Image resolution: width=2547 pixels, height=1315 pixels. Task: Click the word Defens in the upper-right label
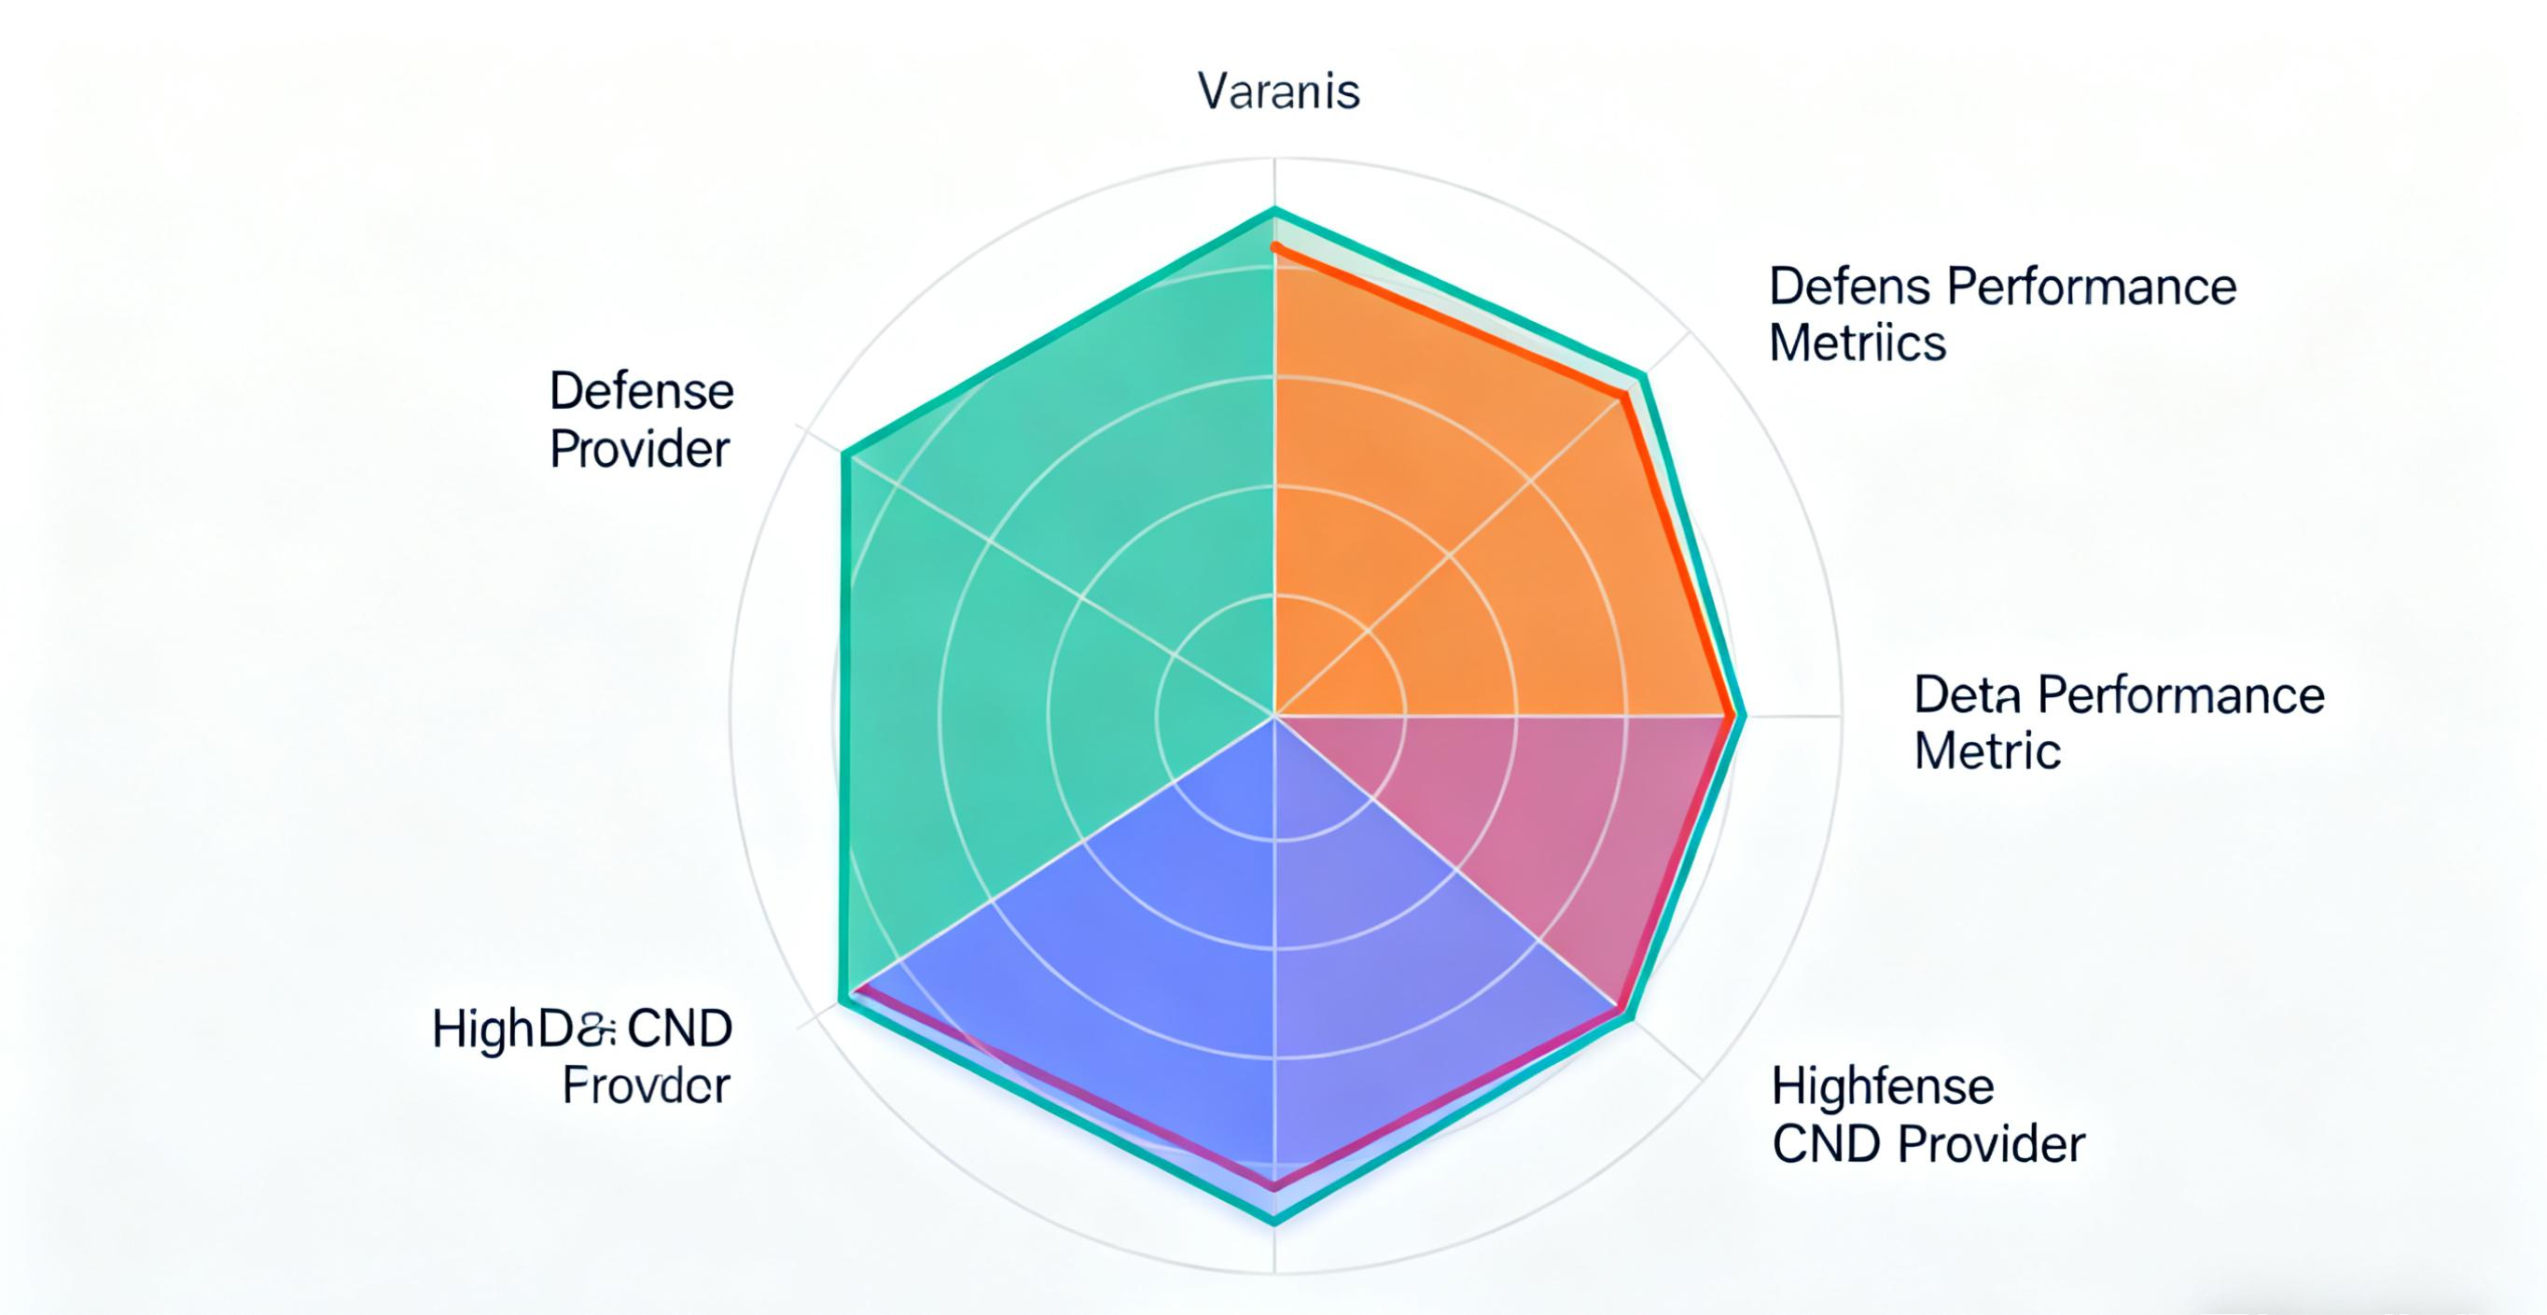(1848, 287)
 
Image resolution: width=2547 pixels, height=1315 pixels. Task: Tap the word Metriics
(1857, 343)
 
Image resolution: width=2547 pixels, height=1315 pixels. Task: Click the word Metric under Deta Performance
(1986, 751)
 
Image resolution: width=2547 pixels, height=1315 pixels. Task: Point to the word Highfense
(1882, 1086)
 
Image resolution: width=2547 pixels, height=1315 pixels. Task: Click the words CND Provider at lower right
(1928, 1145)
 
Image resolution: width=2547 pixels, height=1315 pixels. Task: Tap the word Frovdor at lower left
(646, 1086)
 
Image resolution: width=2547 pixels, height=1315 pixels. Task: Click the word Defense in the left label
(641, 392)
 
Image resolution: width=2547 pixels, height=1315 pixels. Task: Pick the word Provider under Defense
(639, 450)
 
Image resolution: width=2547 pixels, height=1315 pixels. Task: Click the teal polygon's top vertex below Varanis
(1274, 211)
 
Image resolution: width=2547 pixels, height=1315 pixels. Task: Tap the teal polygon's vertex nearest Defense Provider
(845, 455)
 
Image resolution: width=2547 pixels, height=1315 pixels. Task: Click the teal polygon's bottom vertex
(1273, 1222)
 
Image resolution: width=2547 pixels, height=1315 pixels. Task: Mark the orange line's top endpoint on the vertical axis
(1275, 246)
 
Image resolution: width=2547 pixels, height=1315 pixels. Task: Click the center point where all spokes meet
(1274, 715)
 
